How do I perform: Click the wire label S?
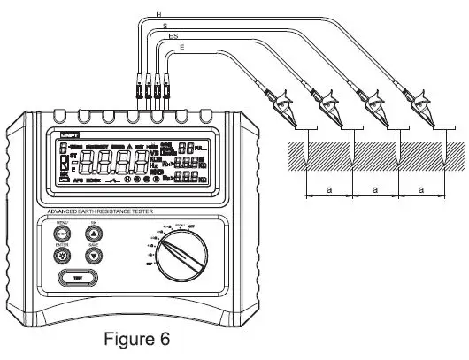point(165,27)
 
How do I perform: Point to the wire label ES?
point(174,38)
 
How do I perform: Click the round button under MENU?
point(63,233)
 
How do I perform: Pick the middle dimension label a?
point(374,188)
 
